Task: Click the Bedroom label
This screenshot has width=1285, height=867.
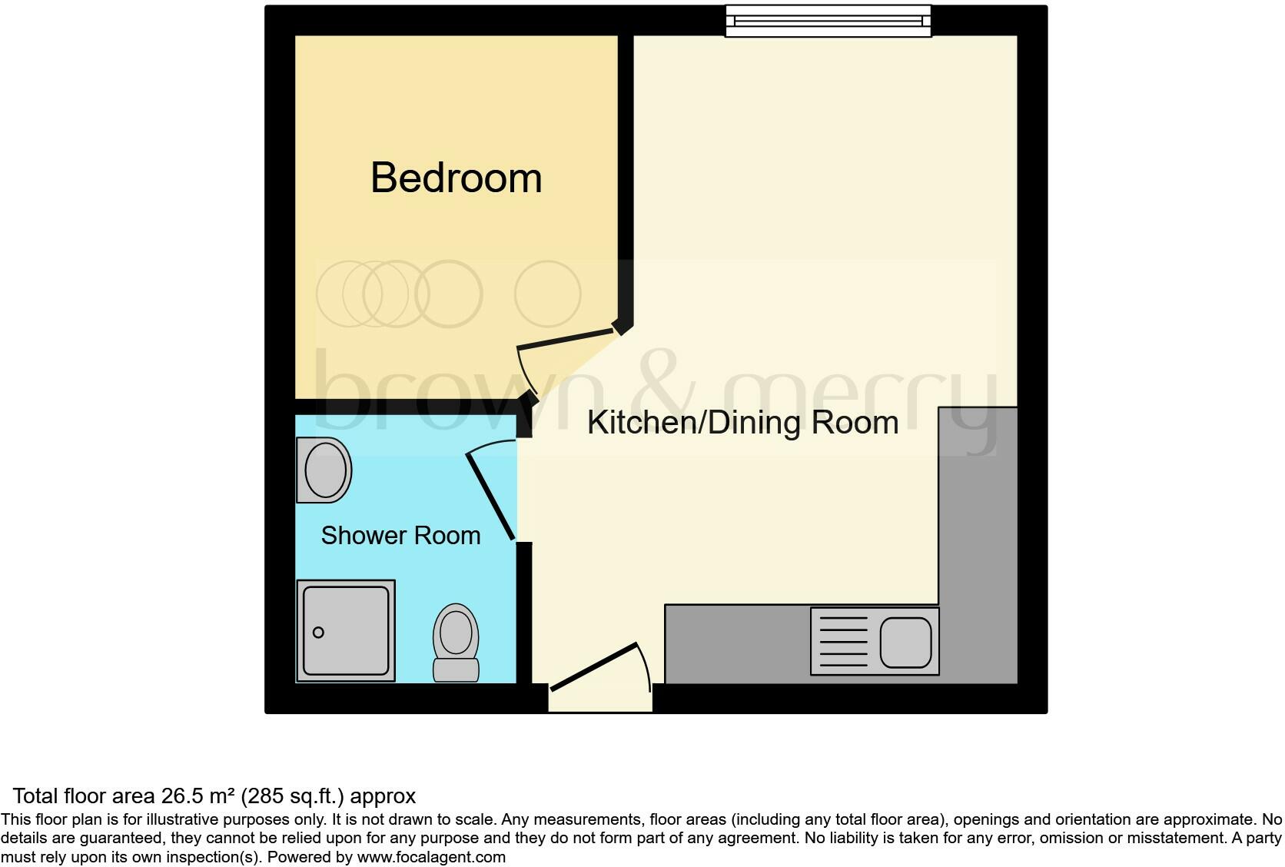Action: [457, 178]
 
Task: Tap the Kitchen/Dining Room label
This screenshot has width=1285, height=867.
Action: [742, 423]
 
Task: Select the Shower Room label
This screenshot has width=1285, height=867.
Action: [400, 536]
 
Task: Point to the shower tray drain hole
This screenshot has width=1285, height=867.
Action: [318, 633]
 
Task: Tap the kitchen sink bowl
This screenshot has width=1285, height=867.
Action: [905, 642]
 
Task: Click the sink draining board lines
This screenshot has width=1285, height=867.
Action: [843, 642]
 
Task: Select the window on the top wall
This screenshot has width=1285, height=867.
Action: [828, 22]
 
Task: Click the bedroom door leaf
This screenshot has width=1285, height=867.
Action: [567, 339]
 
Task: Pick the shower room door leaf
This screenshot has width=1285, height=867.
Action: [490, 497]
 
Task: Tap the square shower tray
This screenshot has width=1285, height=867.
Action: [346, 631]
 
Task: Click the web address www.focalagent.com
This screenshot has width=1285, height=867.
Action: [431, 857]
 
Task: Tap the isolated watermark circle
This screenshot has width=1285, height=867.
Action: [547, 294]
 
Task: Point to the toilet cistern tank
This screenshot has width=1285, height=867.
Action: [456, 669]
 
